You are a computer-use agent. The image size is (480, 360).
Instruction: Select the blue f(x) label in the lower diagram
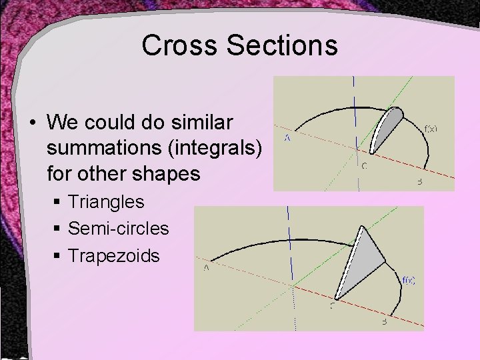click(x=409, y=281)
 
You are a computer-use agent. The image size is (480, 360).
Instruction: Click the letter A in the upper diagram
click(x=287, y=139)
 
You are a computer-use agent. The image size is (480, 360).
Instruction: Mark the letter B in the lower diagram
click(x=384, y=321)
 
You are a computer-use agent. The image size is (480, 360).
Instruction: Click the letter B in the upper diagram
click(x=419, y=181)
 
